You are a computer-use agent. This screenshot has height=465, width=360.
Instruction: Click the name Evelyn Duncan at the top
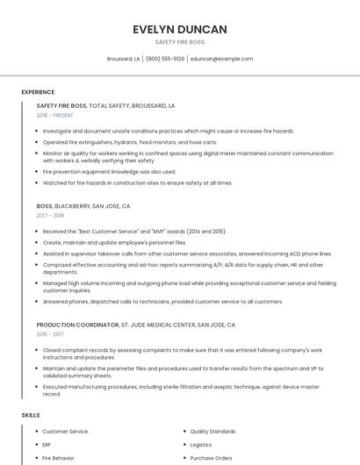tap(180, 29)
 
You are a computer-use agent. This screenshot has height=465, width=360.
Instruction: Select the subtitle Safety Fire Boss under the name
tap(180, 42)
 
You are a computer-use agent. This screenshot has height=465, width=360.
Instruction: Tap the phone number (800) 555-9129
tap(164, 59)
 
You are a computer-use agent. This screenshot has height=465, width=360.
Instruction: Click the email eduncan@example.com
tap(221, 59)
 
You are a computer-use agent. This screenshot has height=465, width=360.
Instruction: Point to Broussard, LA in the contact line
tap(123, 59)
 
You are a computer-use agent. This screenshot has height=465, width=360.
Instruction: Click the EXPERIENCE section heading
tap(38, 91)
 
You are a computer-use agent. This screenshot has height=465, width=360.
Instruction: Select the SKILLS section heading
tap(31, 414)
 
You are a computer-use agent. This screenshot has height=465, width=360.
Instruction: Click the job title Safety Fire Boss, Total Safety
tap(105, 105)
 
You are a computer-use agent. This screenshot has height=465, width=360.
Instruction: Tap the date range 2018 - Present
tap(55, 115)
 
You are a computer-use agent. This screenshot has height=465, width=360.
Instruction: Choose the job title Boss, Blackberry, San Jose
tap(83, 206)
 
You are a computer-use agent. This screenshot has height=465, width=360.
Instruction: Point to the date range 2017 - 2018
tap(50, 215)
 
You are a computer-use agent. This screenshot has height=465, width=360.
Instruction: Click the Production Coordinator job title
tap(136, 325)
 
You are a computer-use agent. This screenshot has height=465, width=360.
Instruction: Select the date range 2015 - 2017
tap(50, 334)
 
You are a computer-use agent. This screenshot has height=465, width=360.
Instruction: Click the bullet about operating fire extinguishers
tap(130, 141)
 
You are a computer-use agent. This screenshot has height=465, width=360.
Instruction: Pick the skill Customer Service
tap(65, 432)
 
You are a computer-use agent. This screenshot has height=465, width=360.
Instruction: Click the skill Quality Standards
tap(212, 432)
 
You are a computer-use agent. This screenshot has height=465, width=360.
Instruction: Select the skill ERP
tap(47, 445)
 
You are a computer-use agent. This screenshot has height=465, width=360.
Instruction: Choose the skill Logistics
tap(201, 445)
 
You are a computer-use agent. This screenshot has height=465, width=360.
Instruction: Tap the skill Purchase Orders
tap(211, 458)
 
